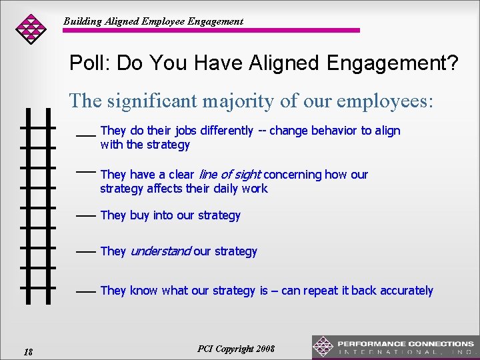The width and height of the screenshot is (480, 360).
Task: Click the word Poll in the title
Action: [x=89, y=64]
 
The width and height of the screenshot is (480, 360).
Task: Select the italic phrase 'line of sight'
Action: [x=230, y=175]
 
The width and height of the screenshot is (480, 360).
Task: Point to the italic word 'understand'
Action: [x=160, y=251]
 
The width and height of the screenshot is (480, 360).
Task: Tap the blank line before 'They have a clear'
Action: [x=85, y=171]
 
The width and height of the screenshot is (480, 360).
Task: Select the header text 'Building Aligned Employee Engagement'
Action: [x=153, y=21]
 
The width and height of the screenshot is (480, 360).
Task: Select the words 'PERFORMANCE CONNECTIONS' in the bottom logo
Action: [x=405, y=343]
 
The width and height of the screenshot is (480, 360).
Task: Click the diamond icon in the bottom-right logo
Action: [x=323, y=347]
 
